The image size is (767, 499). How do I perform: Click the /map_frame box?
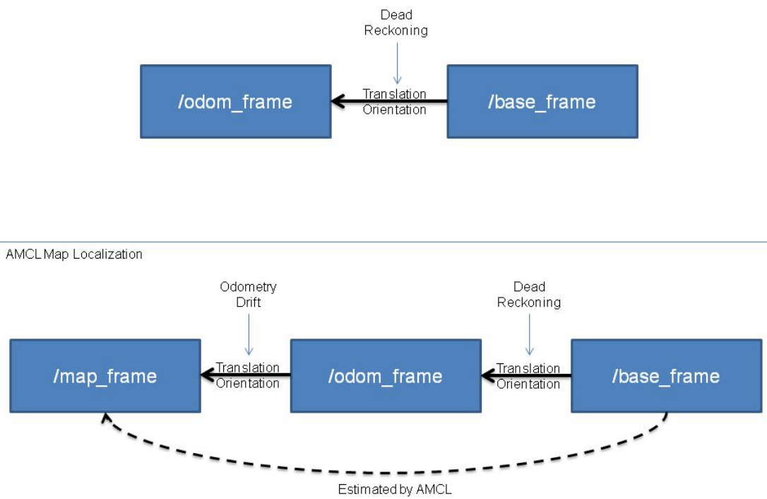point(105,376)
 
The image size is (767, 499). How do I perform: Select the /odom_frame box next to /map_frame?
point(385,376)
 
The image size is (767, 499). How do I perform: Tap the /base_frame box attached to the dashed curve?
point(665,376)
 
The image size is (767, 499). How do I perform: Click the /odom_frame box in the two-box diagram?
point(235,102)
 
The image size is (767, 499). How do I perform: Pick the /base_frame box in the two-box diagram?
point(542,102)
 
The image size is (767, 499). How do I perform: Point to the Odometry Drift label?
point(248,294)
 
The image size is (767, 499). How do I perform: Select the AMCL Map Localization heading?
point(74,254)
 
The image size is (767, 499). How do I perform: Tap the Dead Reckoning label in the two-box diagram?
point(396,23)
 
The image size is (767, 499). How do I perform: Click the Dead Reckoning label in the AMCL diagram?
point(529,294)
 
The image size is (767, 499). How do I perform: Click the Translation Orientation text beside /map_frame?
point(247,376)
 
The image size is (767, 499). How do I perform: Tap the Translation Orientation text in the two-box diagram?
point(394,102)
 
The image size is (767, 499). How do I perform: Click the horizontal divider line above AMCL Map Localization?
point(383,242)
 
